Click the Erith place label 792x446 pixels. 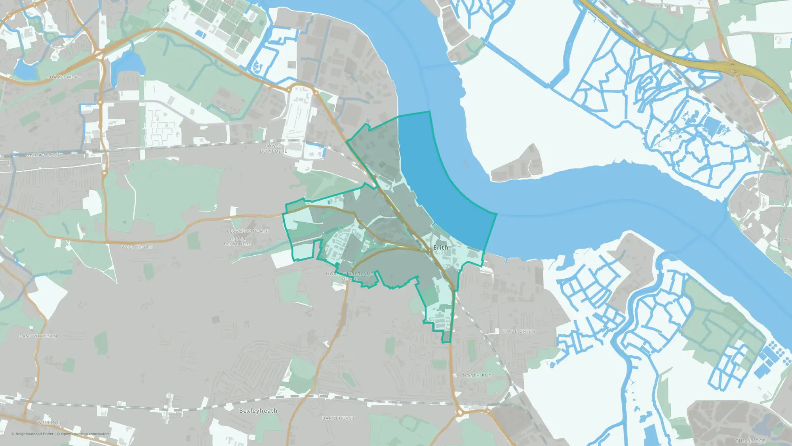(x=441, y=247)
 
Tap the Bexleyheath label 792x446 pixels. (x=258, y=411)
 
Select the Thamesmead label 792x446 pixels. (x=64, y=77)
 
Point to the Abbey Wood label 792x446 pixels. (x=43, y=155)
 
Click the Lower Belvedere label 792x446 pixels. (x=274, y=149)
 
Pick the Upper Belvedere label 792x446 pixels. (x=238, y=241)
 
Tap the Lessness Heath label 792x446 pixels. (x=248, y=231)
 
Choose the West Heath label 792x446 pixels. (x=137, y=247)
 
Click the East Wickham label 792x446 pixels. (x=38, y=336)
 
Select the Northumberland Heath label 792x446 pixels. (x=350, y=276)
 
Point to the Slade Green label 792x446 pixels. (x=518, y=331)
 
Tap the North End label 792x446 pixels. (x=477, y=376)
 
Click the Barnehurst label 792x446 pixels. (x=339, y=418)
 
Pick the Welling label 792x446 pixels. (x=49, y=423)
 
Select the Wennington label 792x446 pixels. (x=663, y=6)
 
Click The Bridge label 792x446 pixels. (x=750, y=441)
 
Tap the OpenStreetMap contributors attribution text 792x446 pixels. (x=85, y=434)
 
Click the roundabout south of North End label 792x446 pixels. (x=460, y=413)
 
